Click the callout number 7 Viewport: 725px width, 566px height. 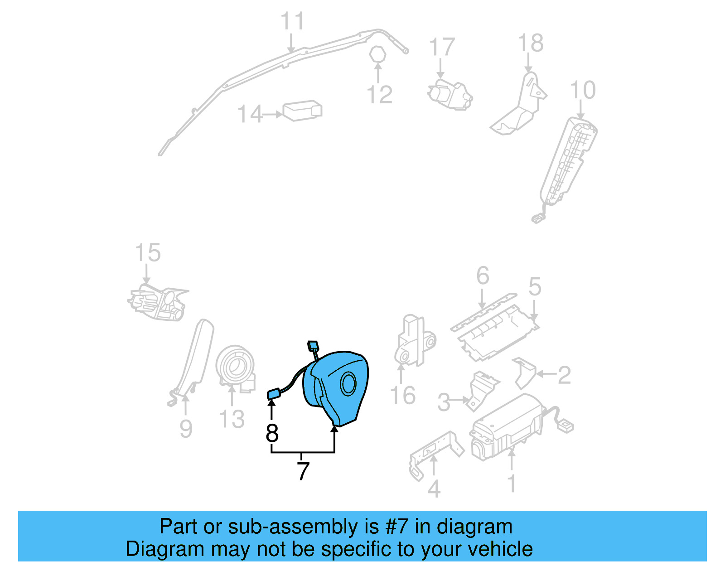click(303, 471)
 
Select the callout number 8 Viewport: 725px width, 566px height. click(272, 433)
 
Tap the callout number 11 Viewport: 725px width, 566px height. click(292, 21)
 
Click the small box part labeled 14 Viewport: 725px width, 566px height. click(302, 111)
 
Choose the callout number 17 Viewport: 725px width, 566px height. click(441, 47)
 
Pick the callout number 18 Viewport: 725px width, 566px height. click(531, 44)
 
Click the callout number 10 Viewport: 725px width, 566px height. click(583, 90)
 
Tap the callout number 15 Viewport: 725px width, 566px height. click(148, 253)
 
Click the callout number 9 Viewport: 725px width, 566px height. click(186, 429)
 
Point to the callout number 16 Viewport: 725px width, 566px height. click(403, 396)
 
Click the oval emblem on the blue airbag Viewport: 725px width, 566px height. click(349, 384)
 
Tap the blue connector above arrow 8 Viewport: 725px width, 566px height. click(273, 394)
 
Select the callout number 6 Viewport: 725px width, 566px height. click(483, 276)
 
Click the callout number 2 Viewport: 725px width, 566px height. click(564, 375)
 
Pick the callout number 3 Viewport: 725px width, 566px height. click(444, 402)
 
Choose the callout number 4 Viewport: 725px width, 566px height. click(434, 489)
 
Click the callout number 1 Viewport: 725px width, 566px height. click(512, 484)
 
